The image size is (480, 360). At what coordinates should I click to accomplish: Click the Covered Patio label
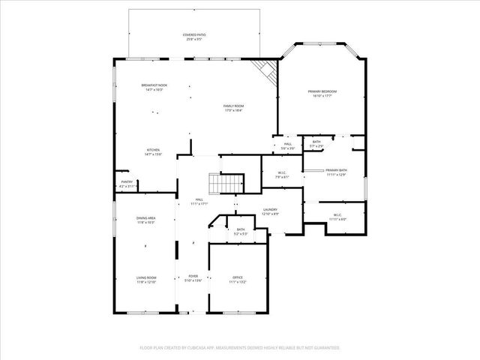(195, 37)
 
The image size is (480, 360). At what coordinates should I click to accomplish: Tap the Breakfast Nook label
(154, 87)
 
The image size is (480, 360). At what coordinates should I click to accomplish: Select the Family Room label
(233, 107)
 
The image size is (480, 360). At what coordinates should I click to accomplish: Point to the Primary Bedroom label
(322, 93)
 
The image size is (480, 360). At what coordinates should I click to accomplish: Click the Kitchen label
(152, 152)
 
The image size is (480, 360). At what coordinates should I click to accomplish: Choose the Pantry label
(127, 184)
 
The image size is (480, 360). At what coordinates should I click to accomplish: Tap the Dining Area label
(145, 220)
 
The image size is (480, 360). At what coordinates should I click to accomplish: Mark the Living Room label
(145, 280)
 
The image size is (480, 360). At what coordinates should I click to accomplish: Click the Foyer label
(193, 278)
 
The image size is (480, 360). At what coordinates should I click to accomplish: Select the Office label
(237, 280)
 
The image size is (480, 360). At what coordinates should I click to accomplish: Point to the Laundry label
(271, 212)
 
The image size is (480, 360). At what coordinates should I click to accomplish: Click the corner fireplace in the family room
(265, 72)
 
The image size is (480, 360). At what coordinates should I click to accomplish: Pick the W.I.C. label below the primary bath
(337, 217)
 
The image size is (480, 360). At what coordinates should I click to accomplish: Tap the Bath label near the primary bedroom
(316, 143)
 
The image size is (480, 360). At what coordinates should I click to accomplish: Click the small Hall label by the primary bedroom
(287, 146)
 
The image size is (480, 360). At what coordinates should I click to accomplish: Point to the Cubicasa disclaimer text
(240, 348)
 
